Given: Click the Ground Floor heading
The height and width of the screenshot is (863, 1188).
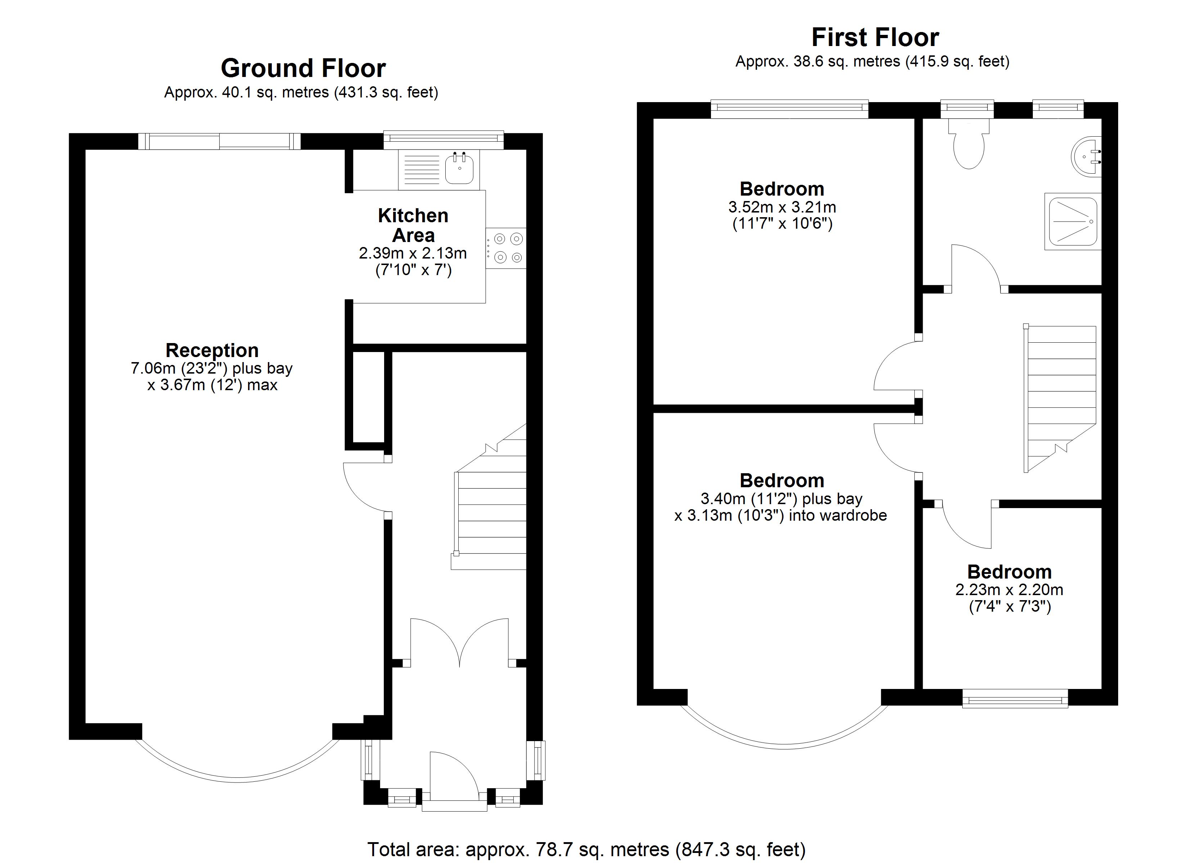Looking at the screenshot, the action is pyautogui.click(x=303, y=68).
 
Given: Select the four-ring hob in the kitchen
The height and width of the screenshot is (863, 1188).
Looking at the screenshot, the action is pyautogui.click(x=506, y=248).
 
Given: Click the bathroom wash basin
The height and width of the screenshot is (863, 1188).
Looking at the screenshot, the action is pyautogui.click(x=1086, y=157).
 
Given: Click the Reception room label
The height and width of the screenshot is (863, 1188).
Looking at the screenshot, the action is pyautogui.click(x=212, y=350).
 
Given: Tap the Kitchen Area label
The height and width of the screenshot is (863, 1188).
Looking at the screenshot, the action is pyautogui.click(x=413, y=225).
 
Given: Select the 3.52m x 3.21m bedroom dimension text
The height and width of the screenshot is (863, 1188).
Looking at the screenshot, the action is pyautogui.click(x=782, y=207).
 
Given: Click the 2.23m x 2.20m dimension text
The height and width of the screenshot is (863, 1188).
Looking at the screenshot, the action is pyautogui.click(x=1009, y=590).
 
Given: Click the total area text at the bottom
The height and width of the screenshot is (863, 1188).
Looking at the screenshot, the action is pyautogui.click(x=587, y=849).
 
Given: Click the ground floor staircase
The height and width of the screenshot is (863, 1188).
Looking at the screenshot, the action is pyautogui.click(x=488, y=497).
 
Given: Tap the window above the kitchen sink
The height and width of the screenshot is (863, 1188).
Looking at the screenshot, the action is pyautogui.click(x=444, y=140).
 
